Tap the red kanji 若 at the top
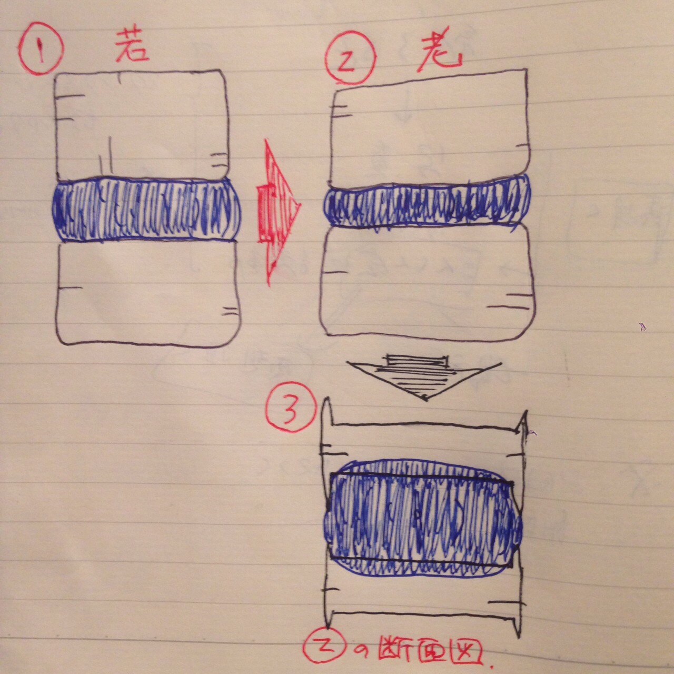pyautogui.click(x=132, y=46)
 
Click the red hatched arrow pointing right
pyautogui.click(x=279, y=213)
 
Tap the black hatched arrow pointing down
pyautogui.click(x=423, y=378)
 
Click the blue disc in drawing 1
pyautogui.click(x=146, y=211)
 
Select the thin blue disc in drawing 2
pyautogui.click(x=428, y=203)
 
